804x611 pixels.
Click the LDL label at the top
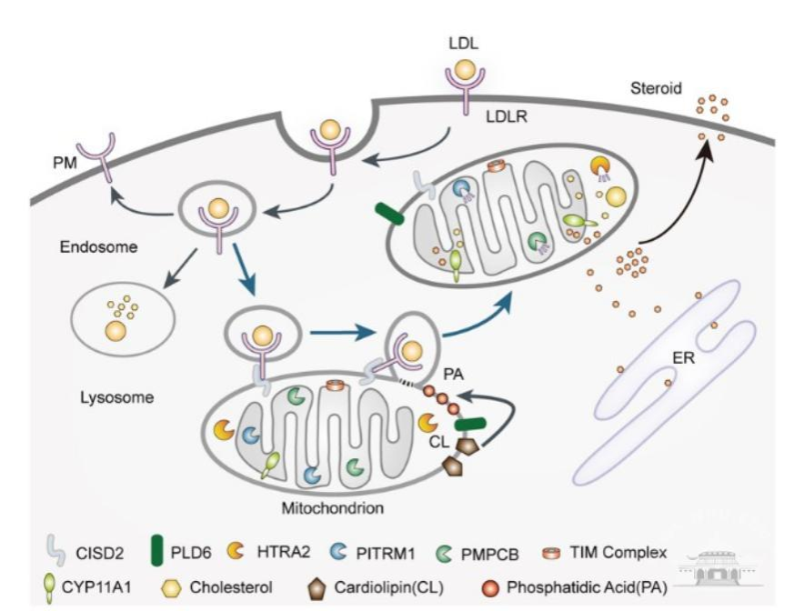tap(463, 43)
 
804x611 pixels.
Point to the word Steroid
tap(655, 88)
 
